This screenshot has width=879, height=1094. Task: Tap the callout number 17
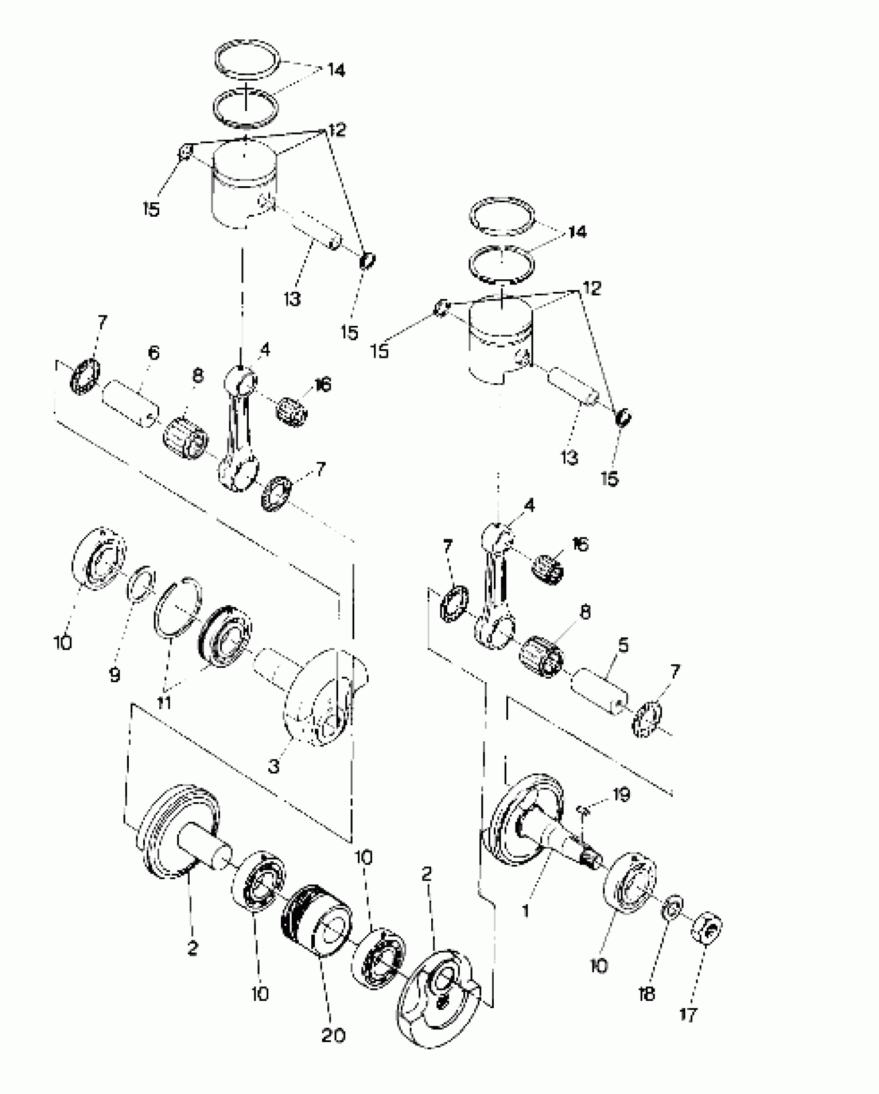click(x=688, y=1015)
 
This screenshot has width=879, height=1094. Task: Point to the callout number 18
click(x=647, y=993)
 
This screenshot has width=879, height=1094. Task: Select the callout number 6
click(x=154, y=353)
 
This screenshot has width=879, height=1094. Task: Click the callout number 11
click(x=164, y=703)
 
